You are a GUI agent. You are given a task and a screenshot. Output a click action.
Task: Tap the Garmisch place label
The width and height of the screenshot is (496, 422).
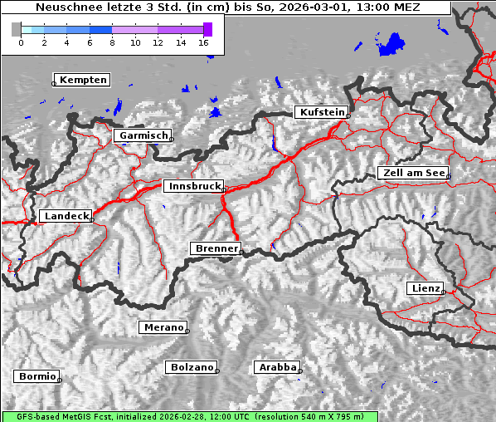[x=143, y=135]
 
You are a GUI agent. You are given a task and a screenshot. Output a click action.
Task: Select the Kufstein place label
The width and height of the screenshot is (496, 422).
[x=321, y=112]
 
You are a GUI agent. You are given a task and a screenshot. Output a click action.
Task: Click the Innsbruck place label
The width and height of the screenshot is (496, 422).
[x=193, y=187]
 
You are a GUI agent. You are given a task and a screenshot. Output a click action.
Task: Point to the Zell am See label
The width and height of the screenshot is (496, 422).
[x=413, y=173]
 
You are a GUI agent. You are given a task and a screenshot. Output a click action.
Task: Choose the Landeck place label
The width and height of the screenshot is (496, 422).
[x=66, y=216]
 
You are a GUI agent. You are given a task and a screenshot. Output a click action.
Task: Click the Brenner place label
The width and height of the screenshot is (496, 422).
[x=216, y=248]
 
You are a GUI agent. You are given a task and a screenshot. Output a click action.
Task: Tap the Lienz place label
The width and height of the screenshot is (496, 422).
[x=425, y=288]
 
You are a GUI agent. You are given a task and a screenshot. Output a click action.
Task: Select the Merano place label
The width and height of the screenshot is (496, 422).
[x=163, y=327]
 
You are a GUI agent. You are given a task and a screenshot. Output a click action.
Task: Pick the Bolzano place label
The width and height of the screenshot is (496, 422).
[x=192, y=366]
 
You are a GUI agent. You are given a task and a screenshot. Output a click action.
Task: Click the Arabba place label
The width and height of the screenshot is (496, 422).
[x=275, y=366]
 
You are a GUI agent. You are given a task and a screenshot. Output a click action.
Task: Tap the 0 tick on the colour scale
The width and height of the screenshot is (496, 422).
[x=21, y=42]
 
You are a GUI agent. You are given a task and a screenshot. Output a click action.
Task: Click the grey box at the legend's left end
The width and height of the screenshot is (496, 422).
[x=16, y=29]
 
